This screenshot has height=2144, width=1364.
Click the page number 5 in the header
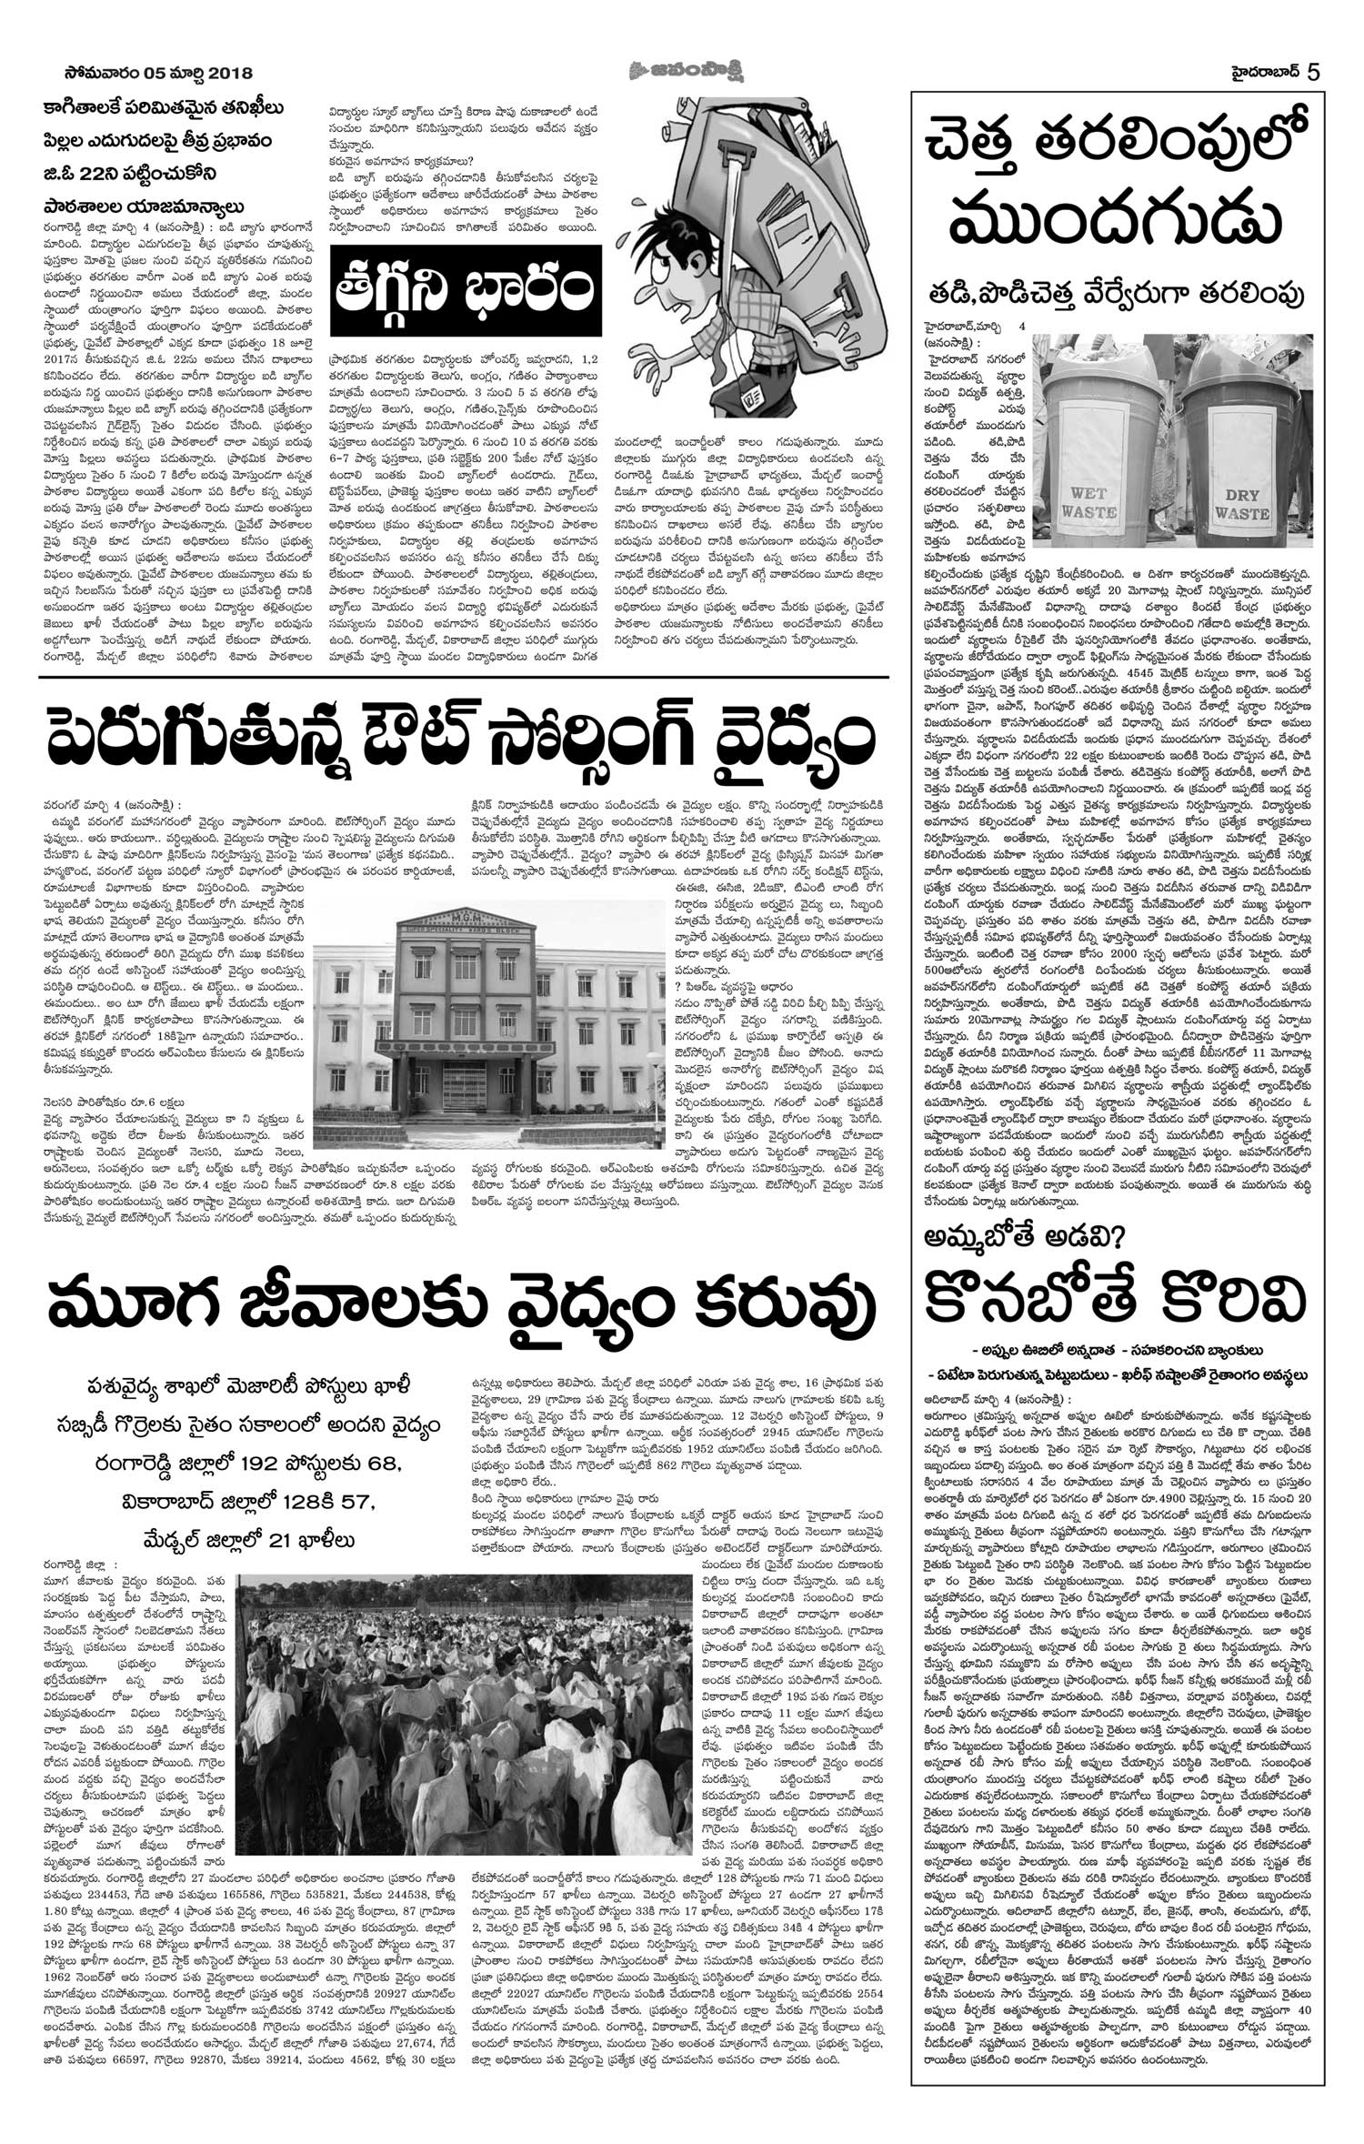coord(1314,72)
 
